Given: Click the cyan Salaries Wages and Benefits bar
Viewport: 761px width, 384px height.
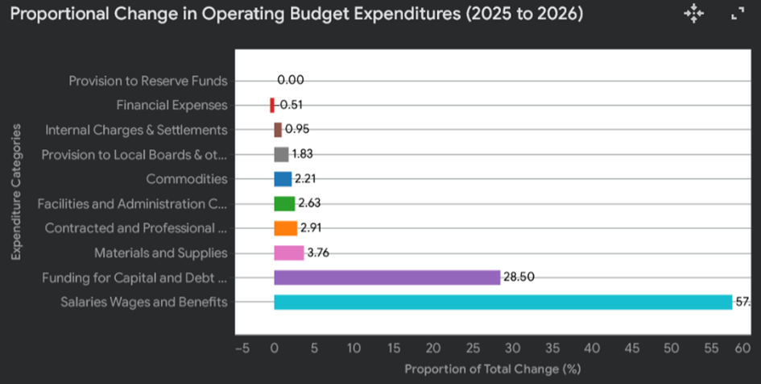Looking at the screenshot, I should click(x=503, y=303).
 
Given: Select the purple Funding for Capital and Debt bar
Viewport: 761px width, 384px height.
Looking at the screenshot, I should click(x=387, y=278).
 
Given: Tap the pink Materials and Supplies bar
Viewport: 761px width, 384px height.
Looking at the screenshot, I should click(x=289, y=253).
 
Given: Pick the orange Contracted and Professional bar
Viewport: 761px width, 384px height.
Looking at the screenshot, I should click(x=286, y=228).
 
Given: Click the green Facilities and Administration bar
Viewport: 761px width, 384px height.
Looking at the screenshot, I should click(x=284, y=203).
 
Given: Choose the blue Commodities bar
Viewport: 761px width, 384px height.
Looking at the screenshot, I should click(x=283, y=179).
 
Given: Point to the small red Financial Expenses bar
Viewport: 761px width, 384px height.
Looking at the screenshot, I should click(x=272, y=105).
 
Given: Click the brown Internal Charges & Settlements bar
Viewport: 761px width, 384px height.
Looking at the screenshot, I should click(x=278, y=130).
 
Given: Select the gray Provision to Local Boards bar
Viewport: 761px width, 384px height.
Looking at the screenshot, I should click(x=281, y=154).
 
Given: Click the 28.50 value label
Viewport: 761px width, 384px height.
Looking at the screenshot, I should click(x=519, y=278).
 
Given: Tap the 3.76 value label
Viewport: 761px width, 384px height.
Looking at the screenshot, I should click(x=318, y=253).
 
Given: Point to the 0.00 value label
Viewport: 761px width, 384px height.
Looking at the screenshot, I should click(x=290, y=81).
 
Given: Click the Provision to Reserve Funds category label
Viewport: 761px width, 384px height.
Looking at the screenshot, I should click(x=148, y=81).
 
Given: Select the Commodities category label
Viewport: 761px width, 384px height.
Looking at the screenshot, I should click(x=187, y=179).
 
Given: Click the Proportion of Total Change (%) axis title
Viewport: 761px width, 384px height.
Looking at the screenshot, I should click(x=492, y=369).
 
